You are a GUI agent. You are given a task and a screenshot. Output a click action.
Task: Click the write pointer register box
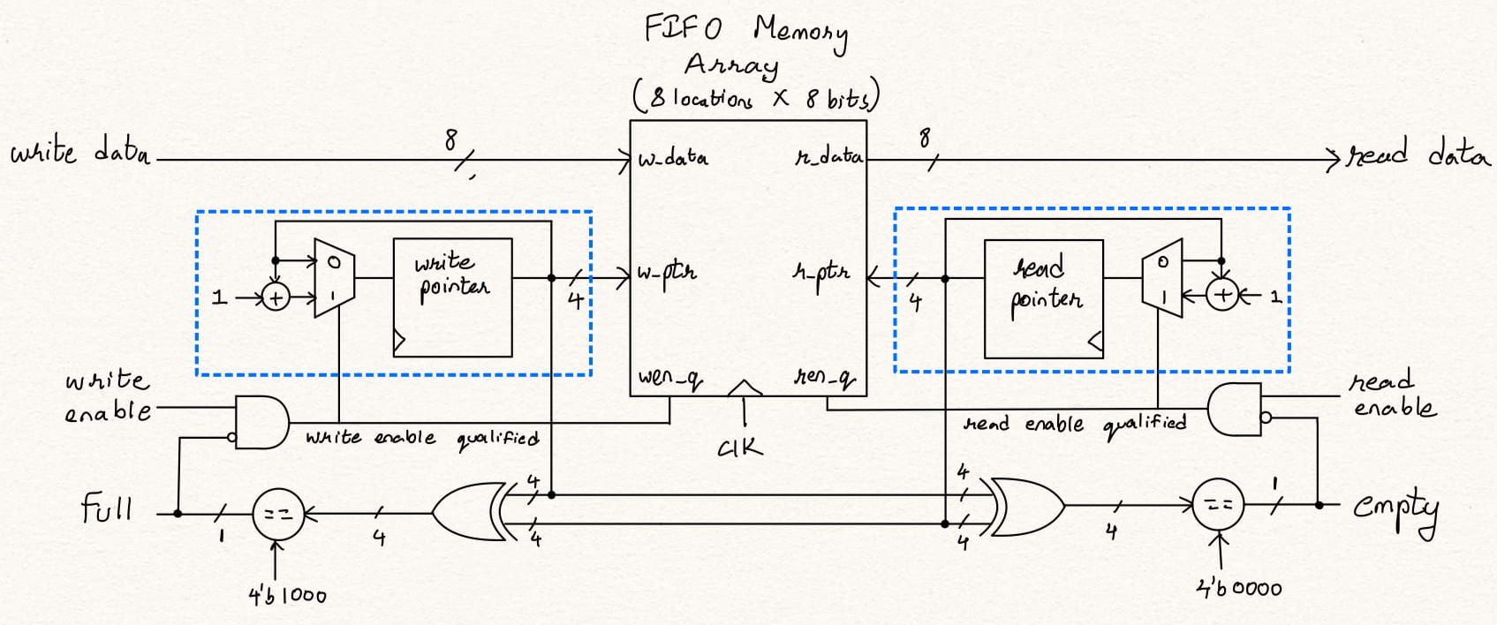452,297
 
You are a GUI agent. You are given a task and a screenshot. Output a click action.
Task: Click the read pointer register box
1043,298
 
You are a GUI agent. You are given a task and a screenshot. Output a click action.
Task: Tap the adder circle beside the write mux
276,297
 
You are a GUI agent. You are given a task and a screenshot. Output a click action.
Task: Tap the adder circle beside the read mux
1222,295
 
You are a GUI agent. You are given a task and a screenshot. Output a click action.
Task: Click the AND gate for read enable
1235,409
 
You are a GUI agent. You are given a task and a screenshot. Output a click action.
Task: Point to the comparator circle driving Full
278,513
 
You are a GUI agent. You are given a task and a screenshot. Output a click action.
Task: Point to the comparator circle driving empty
1218,505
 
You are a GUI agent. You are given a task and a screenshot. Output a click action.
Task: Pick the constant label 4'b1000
287,596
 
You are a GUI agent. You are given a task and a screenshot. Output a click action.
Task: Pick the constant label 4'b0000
1238,588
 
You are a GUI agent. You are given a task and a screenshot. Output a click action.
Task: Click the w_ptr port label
667,273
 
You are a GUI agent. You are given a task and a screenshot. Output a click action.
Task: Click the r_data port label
829,157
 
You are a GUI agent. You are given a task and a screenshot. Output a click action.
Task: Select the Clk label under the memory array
740,448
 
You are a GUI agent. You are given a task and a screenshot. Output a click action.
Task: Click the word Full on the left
107,509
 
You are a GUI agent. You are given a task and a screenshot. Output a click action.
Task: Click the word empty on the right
1395,509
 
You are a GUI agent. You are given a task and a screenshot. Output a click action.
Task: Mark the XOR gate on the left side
468,512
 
